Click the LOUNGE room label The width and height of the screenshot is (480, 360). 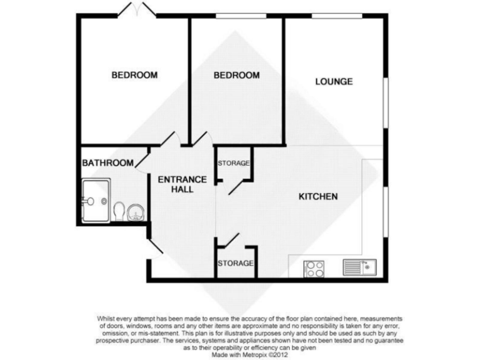click(x=334, y=81)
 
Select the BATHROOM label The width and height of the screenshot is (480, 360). click(x=108, y=163)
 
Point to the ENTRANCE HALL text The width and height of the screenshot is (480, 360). click(x=174, y=184)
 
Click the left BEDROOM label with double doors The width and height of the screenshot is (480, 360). click(x=134, y=75)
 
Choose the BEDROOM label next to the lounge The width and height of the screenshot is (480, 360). click(x=236, y=75)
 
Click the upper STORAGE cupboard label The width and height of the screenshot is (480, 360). click(x=234, y=164)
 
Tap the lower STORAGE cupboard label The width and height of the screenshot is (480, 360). click(x=236, y=263)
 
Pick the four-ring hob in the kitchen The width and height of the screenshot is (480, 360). click(x=314, y=269)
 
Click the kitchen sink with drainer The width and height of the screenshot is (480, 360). click(x=358, y=267)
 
